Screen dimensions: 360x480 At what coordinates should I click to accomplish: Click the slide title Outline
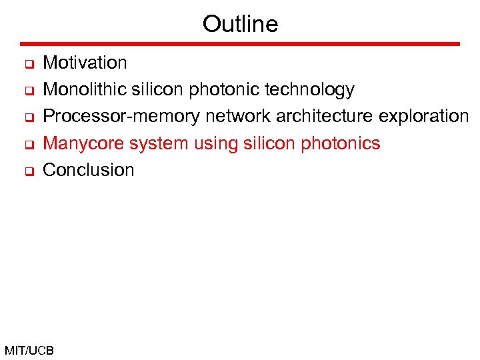pos(240,24)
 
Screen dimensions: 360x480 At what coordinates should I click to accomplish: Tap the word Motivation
pos(85,63)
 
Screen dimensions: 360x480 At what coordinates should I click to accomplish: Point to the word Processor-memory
pos(121,116)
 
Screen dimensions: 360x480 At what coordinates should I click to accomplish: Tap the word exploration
pos(424,116)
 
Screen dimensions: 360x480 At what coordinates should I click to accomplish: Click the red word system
pos(149,143)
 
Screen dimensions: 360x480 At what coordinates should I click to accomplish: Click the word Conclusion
pos(88,170)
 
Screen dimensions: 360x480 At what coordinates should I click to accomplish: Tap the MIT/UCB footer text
pos(29,350)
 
